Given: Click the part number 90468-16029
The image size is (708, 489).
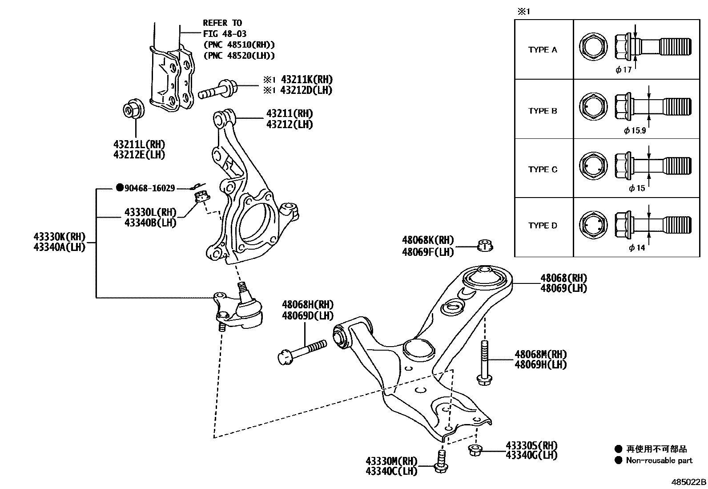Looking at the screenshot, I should coord(149,188).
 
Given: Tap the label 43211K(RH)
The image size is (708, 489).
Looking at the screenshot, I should coord(306,80).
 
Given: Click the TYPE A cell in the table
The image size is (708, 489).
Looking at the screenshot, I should coord(543,50).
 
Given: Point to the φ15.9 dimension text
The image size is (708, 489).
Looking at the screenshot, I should coord(635,131).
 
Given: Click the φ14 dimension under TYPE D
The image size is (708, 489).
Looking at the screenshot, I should coord(637,248).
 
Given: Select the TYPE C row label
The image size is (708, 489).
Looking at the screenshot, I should coord(543,170).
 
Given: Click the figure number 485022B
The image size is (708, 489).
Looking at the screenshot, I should coord(688,482).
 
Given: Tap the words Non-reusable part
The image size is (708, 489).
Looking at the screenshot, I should coord(659,461).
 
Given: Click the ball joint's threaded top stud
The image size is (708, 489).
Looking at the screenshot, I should coord(242,289).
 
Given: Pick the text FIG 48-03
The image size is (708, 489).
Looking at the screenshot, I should coord(225,34).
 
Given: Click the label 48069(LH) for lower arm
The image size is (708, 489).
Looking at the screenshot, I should coord(563,288).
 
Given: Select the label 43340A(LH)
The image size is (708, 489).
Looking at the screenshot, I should coord(59,247).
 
